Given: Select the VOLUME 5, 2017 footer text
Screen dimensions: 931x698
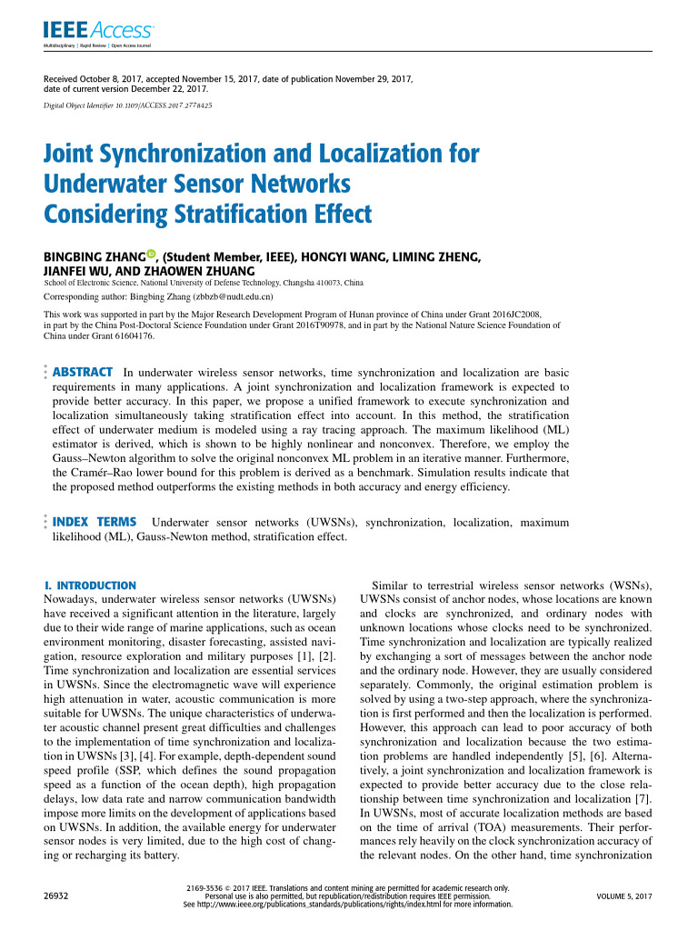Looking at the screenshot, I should pos(624,896).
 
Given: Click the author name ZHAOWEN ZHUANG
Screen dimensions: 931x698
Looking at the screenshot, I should pos(212,271).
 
